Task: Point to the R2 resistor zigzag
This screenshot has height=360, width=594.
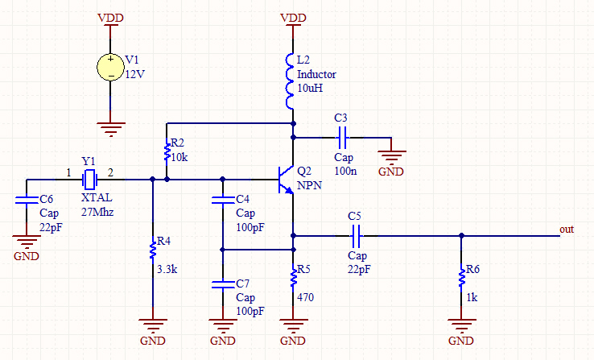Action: pyautogui.click(x=167, y=151)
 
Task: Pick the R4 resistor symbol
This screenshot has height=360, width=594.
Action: pyautogui.click(x=152, y=250)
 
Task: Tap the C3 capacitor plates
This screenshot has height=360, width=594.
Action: pyautogui.click(x=342, y=137)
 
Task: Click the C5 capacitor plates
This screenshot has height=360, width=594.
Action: pyautogui.click(x=357, y=236)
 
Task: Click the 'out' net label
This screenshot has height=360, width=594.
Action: pyautogui.click(x=567, y=230)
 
